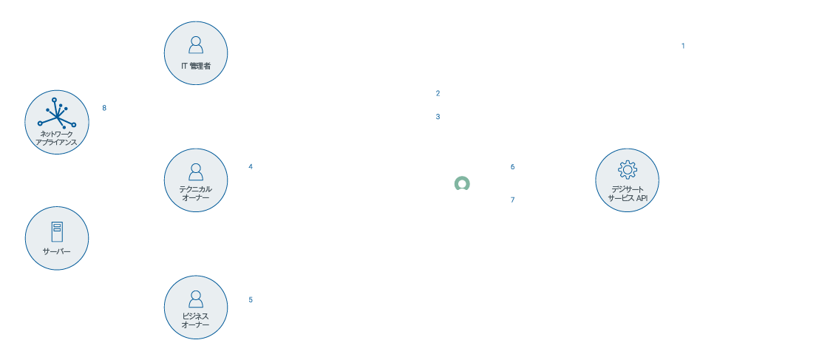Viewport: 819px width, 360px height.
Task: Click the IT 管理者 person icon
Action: pos(196,44)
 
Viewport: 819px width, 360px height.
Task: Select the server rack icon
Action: pos(56,231)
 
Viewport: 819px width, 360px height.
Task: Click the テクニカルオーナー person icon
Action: pos(196,172)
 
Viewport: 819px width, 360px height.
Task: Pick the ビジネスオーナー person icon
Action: pos(196,299)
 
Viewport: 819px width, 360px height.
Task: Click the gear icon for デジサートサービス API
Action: pos(627,169)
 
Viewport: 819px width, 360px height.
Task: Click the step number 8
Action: pos(104,107)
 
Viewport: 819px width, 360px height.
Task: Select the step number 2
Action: pos(438,93)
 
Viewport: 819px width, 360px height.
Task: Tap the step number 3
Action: pos(438,117)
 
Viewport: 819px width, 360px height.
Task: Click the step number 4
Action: pos(251,166)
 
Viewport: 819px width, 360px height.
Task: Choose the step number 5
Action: pos(251,299)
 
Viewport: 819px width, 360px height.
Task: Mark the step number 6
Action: pos(512,166)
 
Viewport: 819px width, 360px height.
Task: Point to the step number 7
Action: pos(512,200)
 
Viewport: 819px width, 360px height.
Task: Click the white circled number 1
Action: pos(683,46)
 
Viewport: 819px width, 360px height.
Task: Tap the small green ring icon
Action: pos(463,184)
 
